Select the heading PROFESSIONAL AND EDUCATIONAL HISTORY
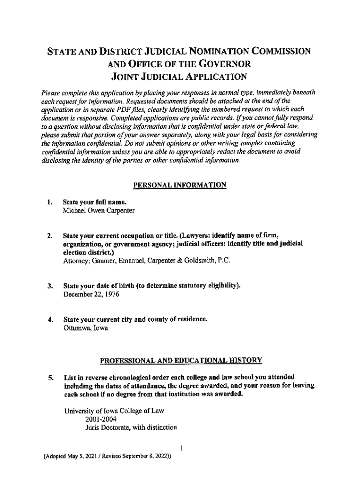[x=181, y=361]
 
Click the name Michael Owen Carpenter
[x=99, y=211]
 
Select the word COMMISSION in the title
[x=270, y=51]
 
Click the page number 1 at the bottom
[x=181, y=448]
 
